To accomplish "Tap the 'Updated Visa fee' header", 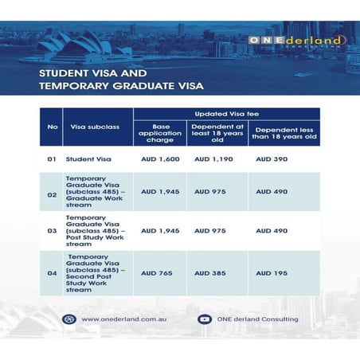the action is coord(225,115).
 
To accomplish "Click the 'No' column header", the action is coord(53,126).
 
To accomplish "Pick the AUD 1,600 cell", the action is coord(160,159).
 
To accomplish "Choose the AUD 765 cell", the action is coord(156,272).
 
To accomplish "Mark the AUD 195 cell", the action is coord(269,272).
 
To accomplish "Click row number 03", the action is coord(53,231).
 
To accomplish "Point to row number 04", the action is coord(53,272).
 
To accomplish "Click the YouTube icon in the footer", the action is coord(203,319).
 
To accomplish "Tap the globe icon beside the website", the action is coord(69,319).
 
